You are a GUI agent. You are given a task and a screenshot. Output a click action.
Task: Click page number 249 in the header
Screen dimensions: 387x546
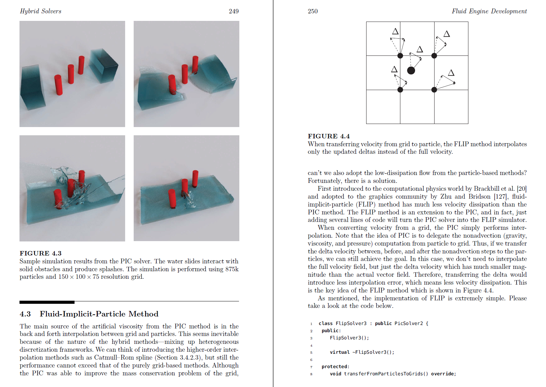coord(234,11)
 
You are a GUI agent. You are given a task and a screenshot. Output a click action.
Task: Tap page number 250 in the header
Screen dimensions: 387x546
coord(312,11)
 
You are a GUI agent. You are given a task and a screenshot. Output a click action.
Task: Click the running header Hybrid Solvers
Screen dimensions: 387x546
coord(41,11)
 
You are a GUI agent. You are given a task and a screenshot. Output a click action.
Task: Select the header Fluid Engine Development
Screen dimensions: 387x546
coord(489,11)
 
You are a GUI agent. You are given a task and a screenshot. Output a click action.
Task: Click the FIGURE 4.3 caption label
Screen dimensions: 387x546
coord(40,253)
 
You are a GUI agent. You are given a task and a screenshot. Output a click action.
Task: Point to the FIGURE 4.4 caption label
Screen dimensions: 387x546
coord(329,136)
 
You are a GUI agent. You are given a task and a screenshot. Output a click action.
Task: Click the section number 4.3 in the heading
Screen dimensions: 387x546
coord(25,314)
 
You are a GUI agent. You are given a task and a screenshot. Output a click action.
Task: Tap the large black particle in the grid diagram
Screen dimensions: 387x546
coord(411,71)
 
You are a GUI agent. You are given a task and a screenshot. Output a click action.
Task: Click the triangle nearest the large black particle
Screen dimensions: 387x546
coord(420,49)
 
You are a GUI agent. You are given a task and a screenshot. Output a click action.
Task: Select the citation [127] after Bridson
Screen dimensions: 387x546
coord(501,197)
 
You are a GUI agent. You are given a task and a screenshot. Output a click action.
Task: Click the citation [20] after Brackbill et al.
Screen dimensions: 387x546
coord(522,189)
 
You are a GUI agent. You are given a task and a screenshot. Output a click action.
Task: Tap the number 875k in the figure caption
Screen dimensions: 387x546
coord(232,269)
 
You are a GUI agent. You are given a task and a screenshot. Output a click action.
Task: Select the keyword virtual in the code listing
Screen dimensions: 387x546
coord(339,352)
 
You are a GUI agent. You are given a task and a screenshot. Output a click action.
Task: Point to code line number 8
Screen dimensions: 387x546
coord(311,374)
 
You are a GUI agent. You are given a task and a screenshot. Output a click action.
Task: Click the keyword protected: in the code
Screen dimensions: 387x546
coord(335,366)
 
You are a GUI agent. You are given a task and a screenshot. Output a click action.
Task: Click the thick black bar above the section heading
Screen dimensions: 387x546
coord(47,302)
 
